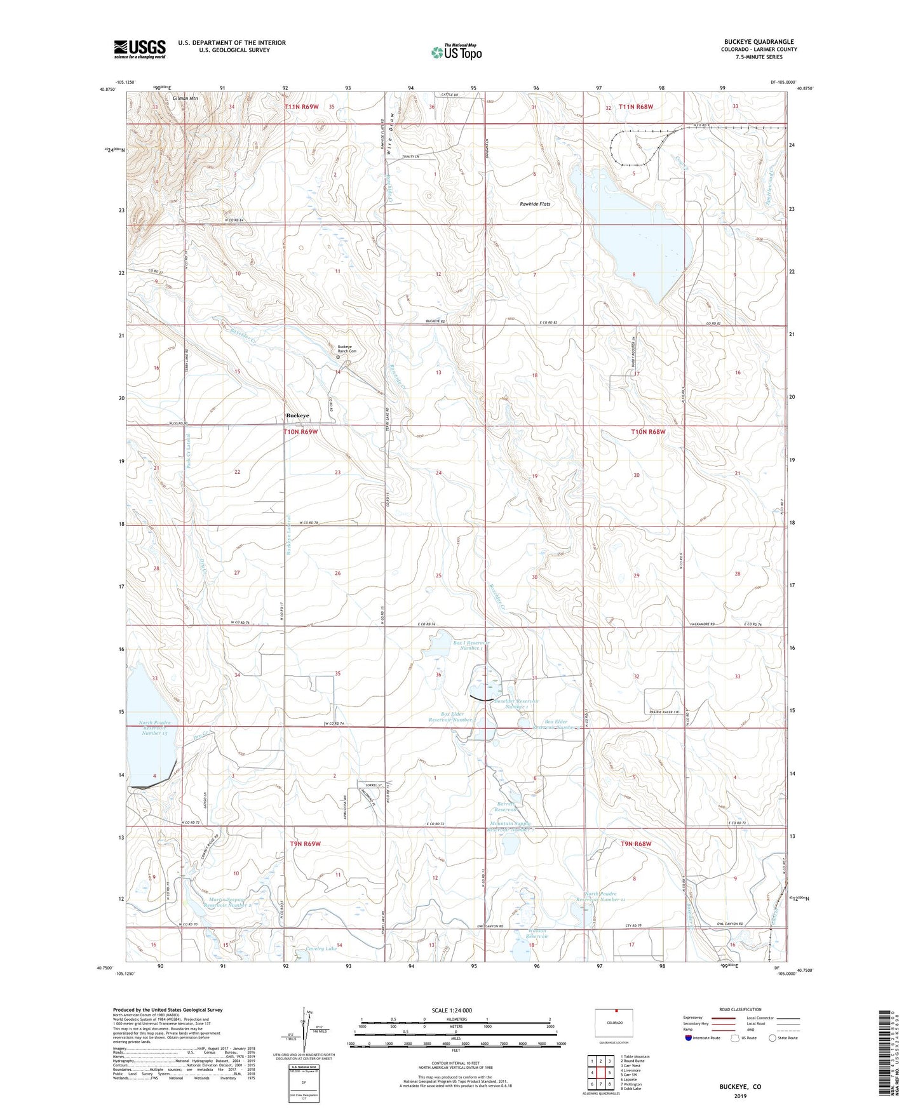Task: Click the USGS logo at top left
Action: [x=139, y=49]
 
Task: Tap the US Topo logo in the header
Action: [x=456, y=52]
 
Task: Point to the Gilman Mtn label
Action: [x=185, y=98]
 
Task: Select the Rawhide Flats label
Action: [x=535, y=204]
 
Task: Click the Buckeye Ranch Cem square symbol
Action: [x=338, y=357]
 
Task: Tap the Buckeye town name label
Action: [x=297, y=415]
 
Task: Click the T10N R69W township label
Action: [x=300, y=432]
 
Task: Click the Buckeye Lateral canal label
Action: [x=288, y=535]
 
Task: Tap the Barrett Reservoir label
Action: [x=506, y=807]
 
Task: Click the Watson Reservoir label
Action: [x=537, y=934]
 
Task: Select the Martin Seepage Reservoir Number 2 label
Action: [x=230, y=903]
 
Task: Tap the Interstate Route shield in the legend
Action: [x=689, y=1038]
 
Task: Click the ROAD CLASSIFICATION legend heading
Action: [x=740, y=1009]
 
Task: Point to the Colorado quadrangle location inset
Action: [x=613, y=1023]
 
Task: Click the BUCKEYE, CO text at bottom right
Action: [x=739, y=1087]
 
